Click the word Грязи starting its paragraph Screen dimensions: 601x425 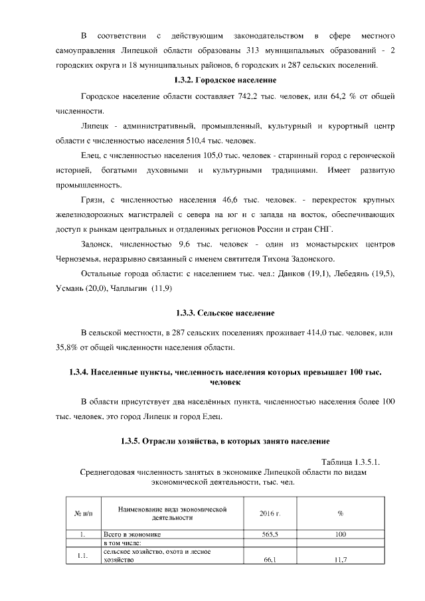[92, 199]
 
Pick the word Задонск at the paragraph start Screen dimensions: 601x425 [97, 243]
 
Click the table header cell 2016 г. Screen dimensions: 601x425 [270, 513]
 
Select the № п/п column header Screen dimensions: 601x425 [82, 513]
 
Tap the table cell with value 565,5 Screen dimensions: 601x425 [270, 534]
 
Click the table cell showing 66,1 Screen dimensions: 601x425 [270, 560]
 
